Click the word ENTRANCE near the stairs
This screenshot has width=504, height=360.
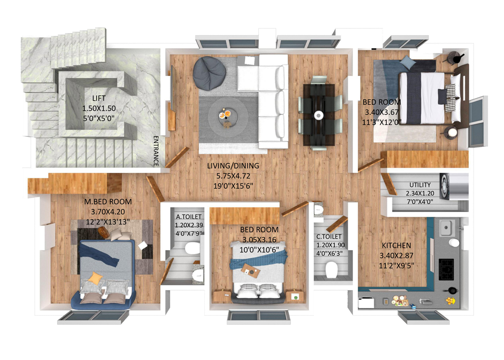pos(156,151)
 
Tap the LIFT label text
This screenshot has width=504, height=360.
pos(99,98)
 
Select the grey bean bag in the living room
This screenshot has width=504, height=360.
pos(209,73)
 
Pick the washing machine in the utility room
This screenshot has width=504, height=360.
pos(444,186)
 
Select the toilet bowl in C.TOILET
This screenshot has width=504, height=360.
pos(331,269)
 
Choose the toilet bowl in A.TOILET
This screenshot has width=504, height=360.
pos(192,248)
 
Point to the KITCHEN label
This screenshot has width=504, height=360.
pos(396,245)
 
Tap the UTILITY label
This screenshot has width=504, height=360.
pos(420,185)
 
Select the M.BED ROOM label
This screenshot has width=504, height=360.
pos(108,202)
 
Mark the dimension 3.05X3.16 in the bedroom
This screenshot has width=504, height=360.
pos(259,240)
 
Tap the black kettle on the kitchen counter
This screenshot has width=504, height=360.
pos(451,291)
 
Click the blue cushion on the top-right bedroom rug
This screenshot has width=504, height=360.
pos(408,61)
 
